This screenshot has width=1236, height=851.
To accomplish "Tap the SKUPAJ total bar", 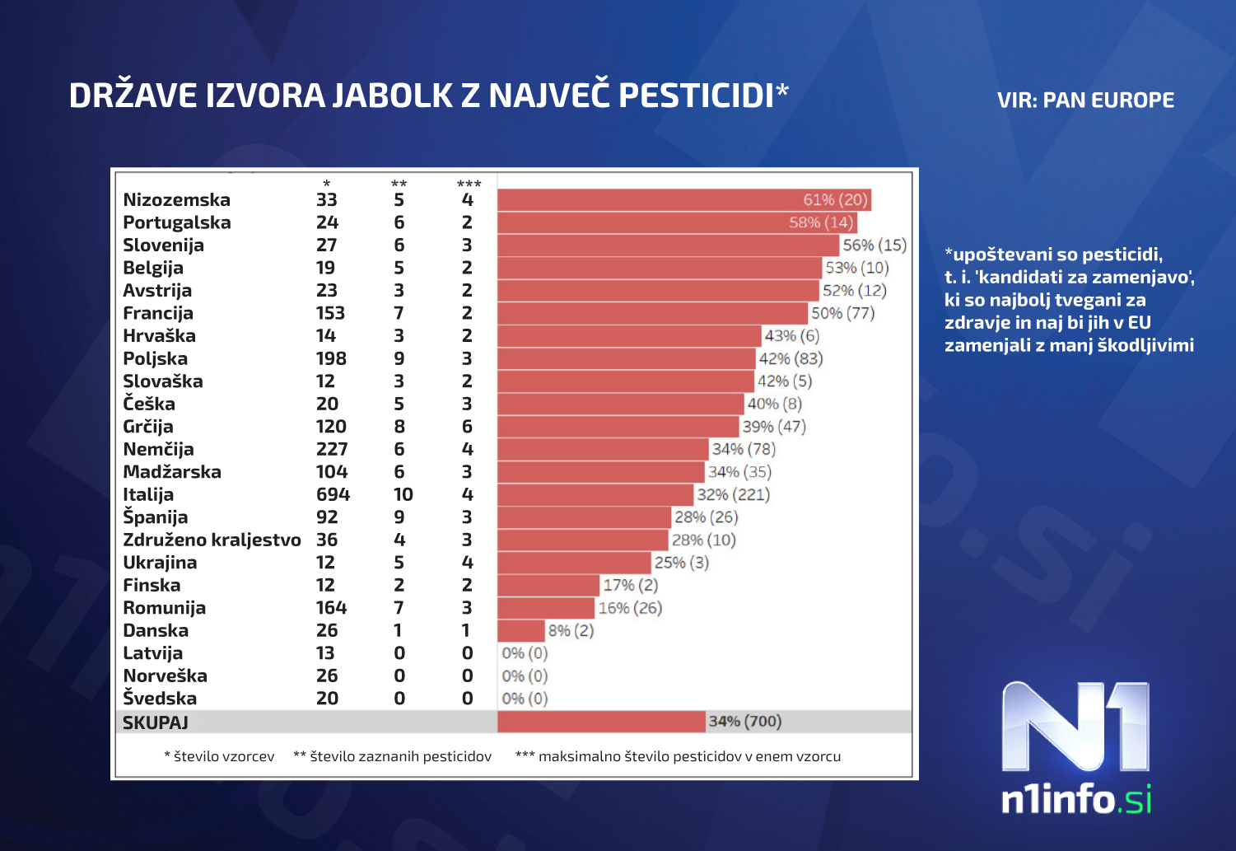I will (601, 722).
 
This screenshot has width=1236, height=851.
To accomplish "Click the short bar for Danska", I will (521, 631).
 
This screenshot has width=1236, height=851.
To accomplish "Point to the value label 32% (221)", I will (733, 495).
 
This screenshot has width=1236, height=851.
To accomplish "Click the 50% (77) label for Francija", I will (842, 313).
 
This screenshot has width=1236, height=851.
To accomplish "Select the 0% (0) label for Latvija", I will (525, 653).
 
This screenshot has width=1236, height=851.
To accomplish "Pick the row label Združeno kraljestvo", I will (212, 540).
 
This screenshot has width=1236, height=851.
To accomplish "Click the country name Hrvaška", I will (159, 336).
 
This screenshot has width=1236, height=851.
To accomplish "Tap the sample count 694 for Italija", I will (333, 495).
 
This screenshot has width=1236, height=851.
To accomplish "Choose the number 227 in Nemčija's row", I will (332, 450).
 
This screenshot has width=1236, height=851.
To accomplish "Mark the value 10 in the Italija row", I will (403, 495).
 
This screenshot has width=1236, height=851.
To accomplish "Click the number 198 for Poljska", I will (331, 359).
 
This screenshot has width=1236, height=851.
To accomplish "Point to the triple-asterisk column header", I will (469, 184).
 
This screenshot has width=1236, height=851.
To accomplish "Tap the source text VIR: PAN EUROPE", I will (1085, 101).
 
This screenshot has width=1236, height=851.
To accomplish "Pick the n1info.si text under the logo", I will (1075, 800).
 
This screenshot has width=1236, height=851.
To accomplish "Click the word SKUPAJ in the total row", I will (156, 722).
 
